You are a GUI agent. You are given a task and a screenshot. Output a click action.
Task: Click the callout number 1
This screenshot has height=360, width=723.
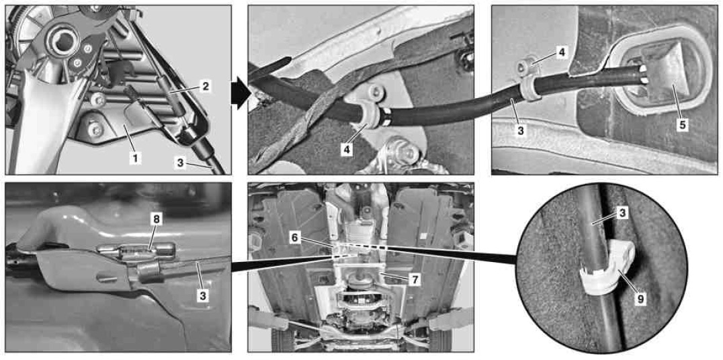pos(134,158)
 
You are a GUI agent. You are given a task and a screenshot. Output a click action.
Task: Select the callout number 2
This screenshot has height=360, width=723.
pos(206,86)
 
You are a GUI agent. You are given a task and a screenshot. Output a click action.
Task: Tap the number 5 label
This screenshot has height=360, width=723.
pos(683,124)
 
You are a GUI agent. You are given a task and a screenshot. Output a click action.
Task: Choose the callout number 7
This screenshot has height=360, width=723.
pos(415,279)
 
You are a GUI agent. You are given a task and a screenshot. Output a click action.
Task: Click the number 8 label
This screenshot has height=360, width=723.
pos(157,220)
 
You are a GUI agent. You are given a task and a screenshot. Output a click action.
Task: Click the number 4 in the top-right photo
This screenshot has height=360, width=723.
pos(560,52)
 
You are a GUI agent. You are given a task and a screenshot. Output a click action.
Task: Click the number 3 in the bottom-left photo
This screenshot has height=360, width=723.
pos(202,296)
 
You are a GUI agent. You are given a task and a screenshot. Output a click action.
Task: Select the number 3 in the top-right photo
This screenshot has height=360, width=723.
pos(521,130)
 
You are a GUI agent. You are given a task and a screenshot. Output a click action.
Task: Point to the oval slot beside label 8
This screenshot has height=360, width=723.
pos(136,251)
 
